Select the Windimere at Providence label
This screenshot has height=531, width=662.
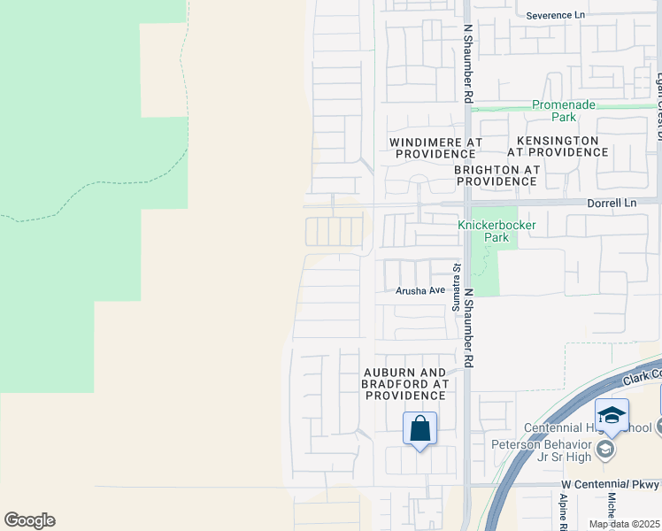[437, 147]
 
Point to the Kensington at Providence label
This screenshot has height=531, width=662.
[558, 147]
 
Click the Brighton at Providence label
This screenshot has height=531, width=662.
[496, 175]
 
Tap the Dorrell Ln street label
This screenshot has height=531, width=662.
[612, 204]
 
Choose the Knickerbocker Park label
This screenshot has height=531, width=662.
[496, 231]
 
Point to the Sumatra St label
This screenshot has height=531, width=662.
[458, 281]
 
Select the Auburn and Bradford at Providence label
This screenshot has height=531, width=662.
[404, 384]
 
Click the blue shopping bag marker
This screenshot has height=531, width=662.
[420, 429]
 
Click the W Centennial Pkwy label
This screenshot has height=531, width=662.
[611, 485]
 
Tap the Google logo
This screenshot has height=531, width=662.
[29, 520]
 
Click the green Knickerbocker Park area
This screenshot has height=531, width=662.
[485, 265]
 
